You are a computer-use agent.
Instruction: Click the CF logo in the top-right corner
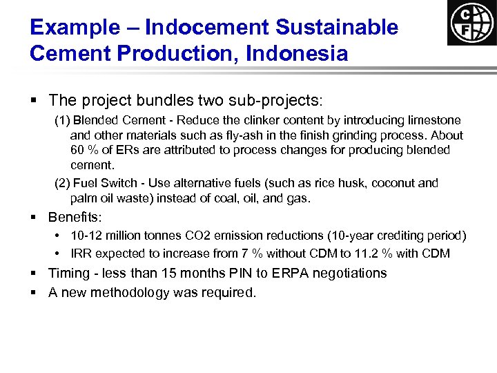click(471, 23)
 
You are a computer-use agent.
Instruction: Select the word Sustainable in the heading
click(337, 27)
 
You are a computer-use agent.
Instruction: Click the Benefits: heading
click(75, 217)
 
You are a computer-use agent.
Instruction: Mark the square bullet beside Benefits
click(34, 218)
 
